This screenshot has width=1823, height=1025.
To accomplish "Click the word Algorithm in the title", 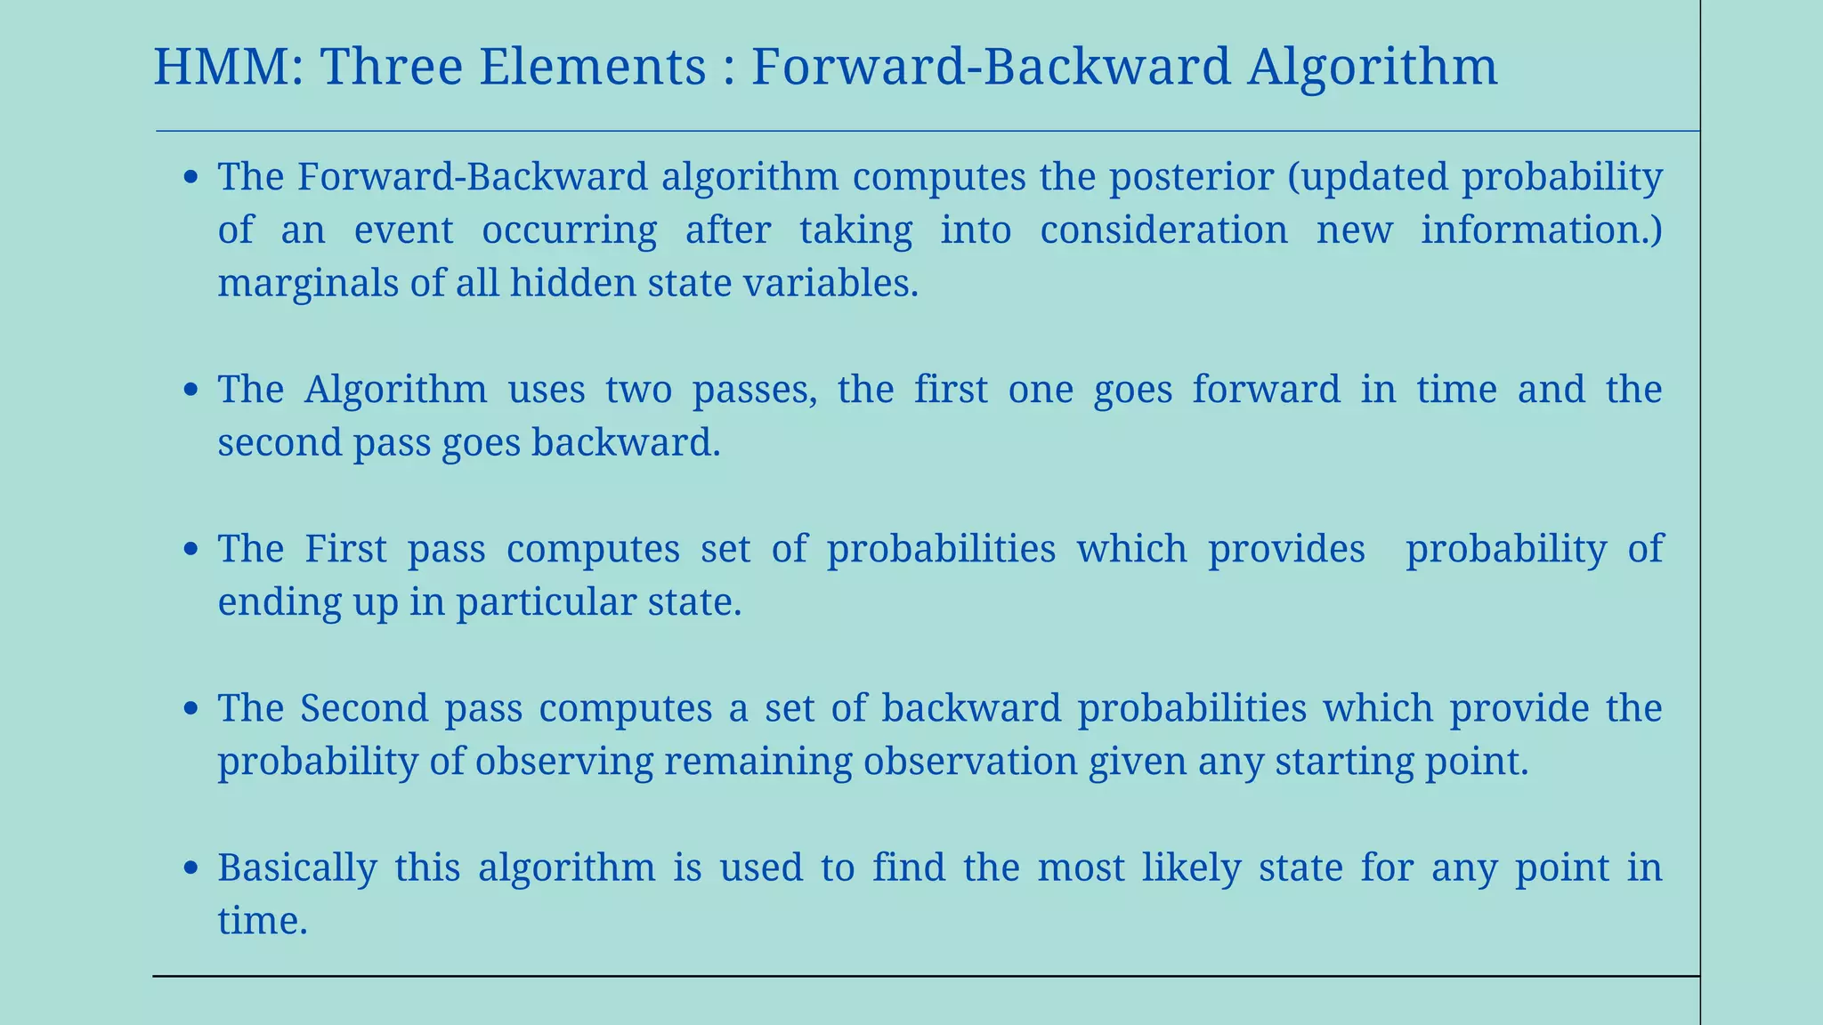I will [1372, 68].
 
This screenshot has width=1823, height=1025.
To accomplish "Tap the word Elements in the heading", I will [593, 68].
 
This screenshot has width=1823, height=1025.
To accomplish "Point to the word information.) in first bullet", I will [1541, 230].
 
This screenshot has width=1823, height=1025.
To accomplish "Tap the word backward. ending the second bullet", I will [626, 443].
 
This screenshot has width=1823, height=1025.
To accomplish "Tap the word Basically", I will [297, 868].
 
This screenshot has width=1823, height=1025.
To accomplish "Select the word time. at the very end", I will [263, 920].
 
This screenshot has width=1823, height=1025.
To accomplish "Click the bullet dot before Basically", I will [190, 868].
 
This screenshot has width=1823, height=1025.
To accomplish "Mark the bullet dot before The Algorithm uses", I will [190, 391].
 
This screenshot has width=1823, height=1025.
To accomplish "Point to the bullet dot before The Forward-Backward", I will [190, 178].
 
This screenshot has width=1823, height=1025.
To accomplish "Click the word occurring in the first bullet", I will [569, 230].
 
